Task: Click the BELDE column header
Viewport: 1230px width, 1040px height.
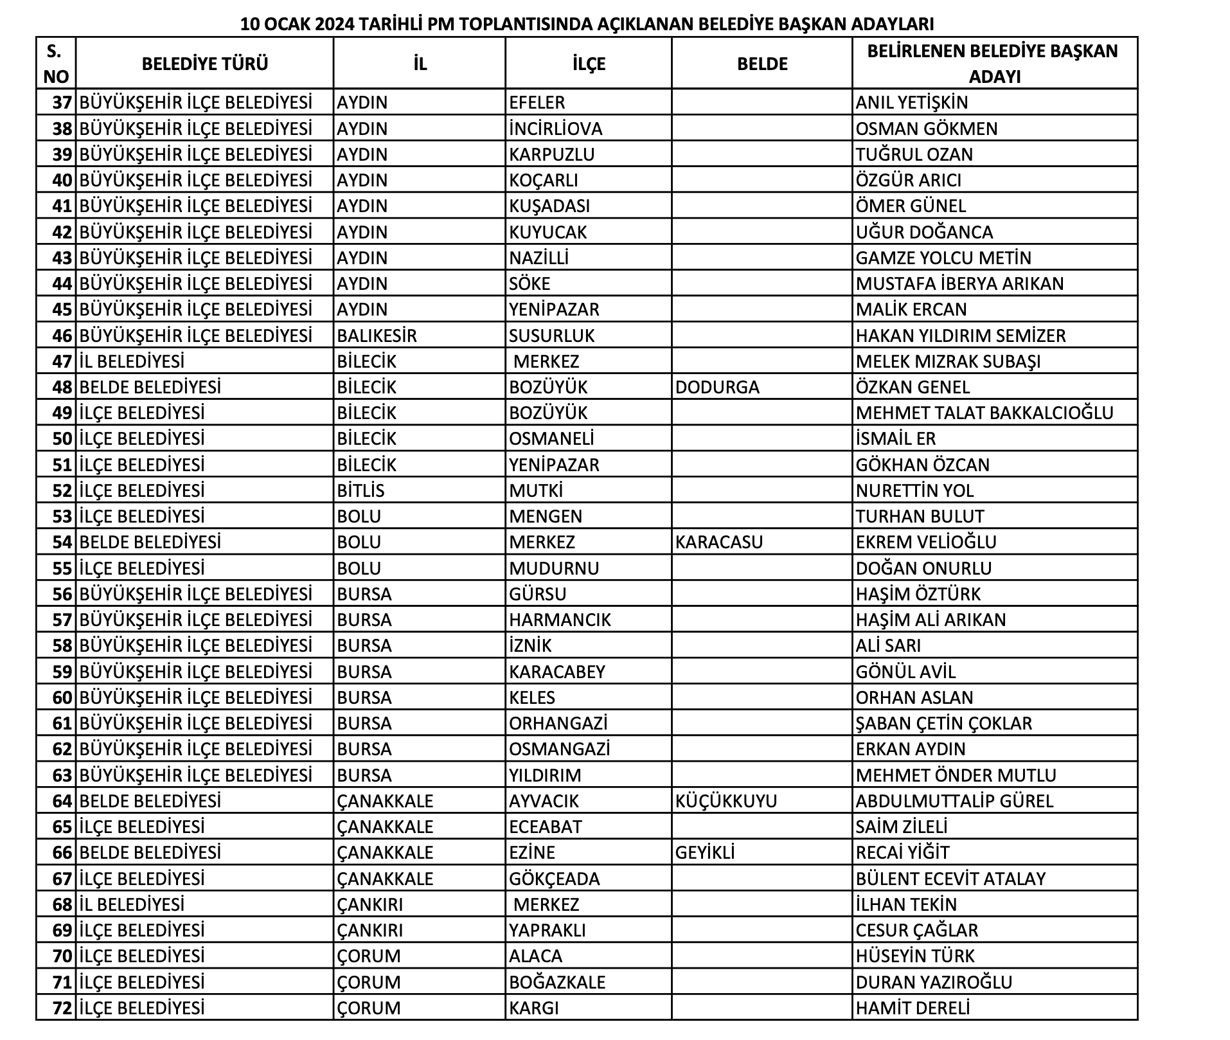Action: [762, 64]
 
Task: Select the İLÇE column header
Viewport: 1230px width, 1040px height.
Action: [589, 64]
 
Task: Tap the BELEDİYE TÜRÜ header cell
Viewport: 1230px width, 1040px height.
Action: [205, 64]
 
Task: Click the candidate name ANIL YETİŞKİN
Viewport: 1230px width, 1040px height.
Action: [911, 102]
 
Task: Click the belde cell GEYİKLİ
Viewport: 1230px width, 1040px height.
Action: [705, 852]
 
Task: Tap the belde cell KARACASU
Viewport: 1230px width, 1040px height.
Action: [719, 542]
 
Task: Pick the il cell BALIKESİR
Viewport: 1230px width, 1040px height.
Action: [377, 336]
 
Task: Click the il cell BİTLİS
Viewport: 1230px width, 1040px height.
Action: [361, 490]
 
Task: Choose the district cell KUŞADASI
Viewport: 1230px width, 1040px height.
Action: [549, 206]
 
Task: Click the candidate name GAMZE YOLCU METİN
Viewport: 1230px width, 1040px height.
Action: [943, 258]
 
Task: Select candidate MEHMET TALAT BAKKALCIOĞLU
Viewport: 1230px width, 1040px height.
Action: [985, 413]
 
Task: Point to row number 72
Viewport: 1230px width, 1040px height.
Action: [62, 1008]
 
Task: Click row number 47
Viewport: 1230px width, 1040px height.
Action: [62, 361]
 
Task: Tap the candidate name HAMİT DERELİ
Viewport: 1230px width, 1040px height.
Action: [913, 1008]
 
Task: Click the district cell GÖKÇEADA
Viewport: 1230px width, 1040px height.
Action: [554, 879]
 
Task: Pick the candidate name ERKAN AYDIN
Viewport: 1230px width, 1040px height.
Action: [911, 749]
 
